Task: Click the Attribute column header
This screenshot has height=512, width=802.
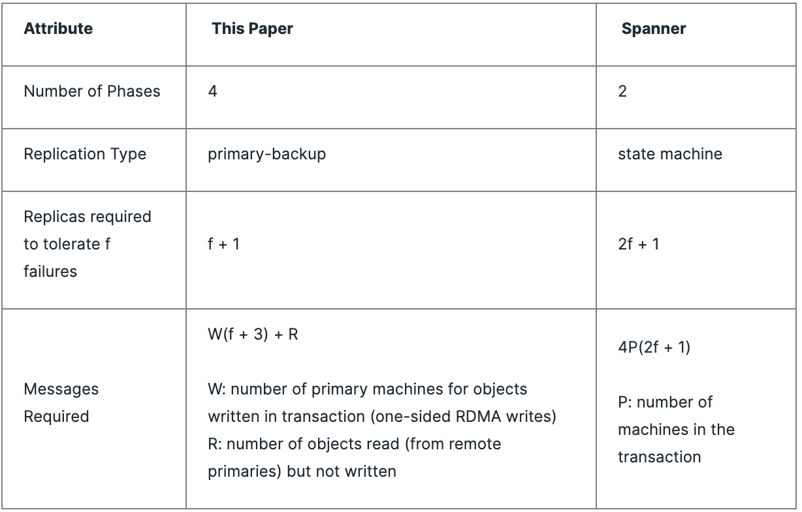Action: coord(58,29)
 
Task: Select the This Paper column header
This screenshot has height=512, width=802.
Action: coord(252,29)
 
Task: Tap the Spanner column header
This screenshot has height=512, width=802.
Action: coord(653,29)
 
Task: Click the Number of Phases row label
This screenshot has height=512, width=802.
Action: coord(91,91)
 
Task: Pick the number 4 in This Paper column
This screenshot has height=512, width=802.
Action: coord(212,91)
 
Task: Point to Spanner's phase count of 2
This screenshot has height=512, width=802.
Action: coord(622,91)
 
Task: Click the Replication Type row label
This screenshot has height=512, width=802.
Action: coord(85,154)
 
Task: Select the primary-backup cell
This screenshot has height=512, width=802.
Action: coord(266,154)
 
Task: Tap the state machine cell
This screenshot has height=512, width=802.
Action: coord(670,154)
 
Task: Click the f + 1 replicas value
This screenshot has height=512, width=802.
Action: coord(223,244)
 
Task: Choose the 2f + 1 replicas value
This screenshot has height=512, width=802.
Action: coord(638,244)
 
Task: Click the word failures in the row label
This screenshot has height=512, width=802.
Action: coord(50,272)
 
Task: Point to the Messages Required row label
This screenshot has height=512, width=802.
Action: coord(61,403)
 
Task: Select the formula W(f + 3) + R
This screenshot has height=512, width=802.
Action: coord(253,334)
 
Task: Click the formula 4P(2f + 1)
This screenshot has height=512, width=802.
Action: coord(654,347)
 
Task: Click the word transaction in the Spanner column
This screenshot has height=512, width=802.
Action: coord(659,457)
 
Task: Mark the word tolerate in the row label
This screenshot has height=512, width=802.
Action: coord(72,244)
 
